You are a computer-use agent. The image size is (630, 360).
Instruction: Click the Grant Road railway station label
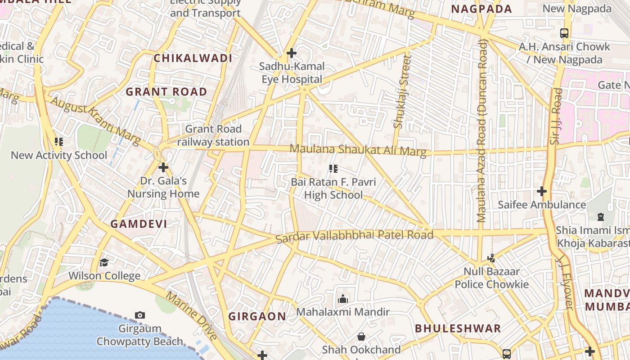pos(213,135)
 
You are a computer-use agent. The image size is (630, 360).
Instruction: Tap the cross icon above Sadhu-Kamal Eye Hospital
pos(292,53)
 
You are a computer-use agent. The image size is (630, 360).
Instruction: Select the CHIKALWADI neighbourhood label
pos(193,58)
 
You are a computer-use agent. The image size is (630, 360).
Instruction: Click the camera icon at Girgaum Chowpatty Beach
pos(140,315)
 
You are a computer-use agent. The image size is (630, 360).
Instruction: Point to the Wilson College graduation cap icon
pos(104,262)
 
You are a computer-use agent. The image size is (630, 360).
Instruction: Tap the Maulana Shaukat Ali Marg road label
pos(358,150)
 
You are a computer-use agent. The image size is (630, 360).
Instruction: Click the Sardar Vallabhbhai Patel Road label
pos(354,235)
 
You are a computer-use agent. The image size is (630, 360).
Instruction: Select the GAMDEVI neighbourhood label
pos(139,224)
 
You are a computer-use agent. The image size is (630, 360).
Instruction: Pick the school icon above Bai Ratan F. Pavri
pos(333,169)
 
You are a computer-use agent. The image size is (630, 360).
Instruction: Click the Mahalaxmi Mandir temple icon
pos(343,299)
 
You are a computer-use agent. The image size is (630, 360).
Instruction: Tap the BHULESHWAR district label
pos(458,328)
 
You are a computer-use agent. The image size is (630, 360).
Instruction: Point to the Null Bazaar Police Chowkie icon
pos(491,258)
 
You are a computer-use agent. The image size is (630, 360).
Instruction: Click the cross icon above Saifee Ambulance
pos(542,191)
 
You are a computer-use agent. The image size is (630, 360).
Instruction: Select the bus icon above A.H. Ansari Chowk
pos(564,33)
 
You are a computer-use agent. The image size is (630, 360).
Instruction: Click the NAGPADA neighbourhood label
pos(481,9)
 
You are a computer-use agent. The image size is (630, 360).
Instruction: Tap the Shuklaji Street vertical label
pos(402,92)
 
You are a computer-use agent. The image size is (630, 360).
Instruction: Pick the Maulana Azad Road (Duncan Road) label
pos(481,130)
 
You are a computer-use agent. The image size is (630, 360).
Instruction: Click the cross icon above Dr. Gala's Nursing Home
pos(163,167)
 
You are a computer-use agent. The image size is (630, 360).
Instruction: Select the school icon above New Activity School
pos(58,142)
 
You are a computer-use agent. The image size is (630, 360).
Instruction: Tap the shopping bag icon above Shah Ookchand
pos(361,337)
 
